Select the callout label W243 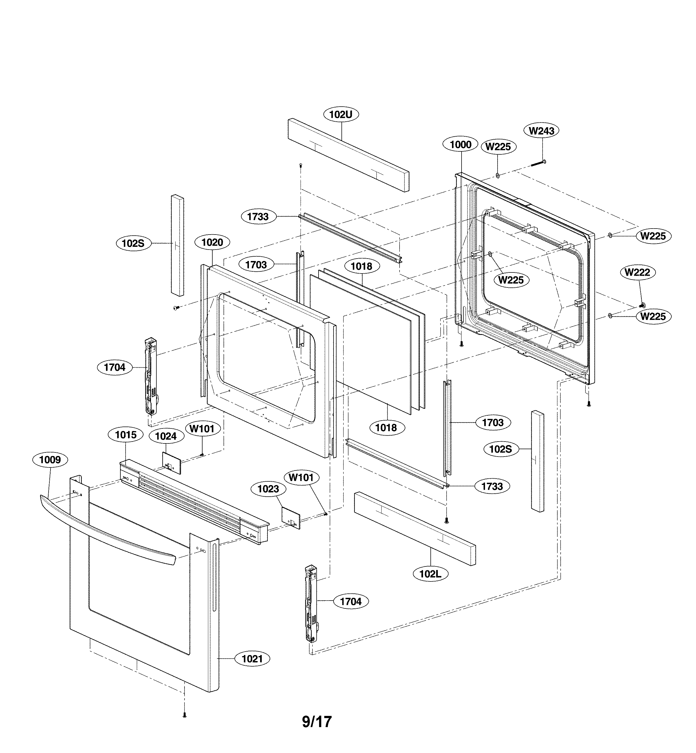(x=542, y=131)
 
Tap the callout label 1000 (x=461, y=145)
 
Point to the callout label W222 (x=637, y=272)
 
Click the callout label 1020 (x=212, y=242)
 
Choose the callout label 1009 (x=50, y=460)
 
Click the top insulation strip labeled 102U (x=348, y=155)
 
